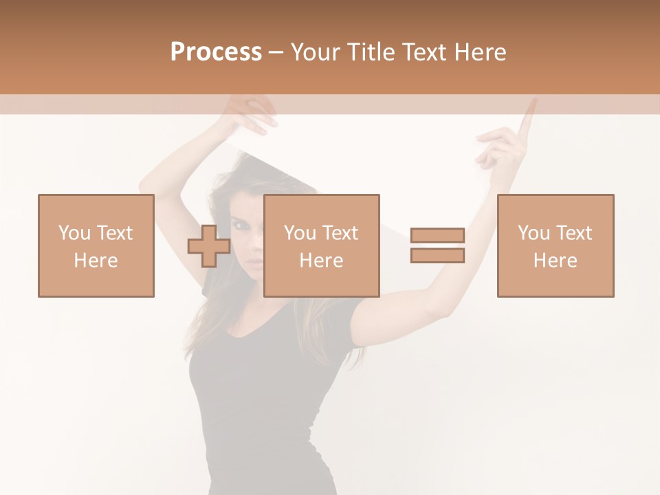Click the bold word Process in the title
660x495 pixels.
point(216,52)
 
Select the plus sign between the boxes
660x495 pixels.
point(209,246)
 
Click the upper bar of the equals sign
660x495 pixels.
point(437,236)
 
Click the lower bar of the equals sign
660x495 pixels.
point(437,256)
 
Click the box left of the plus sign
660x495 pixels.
point(96,245)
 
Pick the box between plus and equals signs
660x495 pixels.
point(322,245)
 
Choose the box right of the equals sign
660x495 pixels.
point(555,245)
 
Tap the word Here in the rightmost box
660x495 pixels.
point(555,261)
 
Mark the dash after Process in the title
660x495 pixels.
point(276,53)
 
